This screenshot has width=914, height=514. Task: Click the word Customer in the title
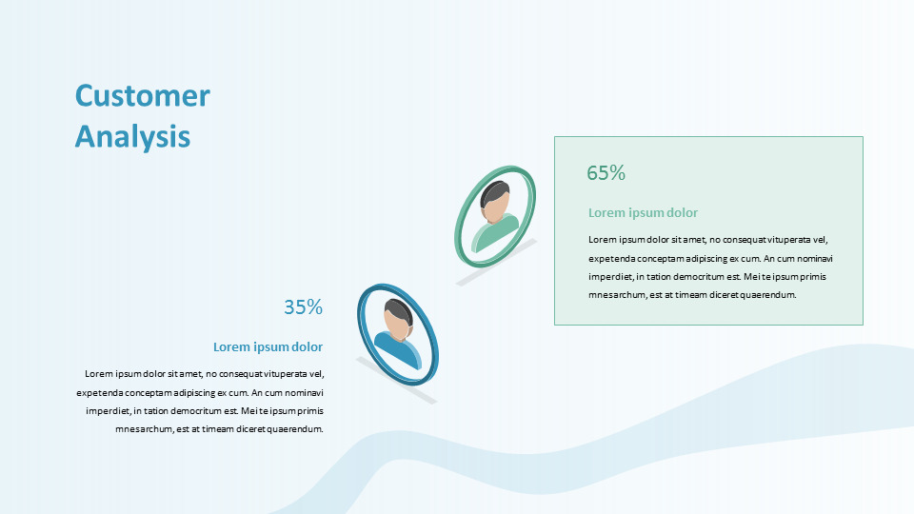(x=142, y=95)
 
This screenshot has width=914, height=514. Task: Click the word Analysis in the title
(x=133, y=136)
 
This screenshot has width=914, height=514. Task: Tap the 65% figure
(x=606, y=173)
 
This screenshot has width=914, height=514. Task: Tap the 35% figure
(x=303, y=307)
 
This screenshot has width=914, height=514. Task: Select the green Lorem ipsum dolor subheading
(x=643, y=212)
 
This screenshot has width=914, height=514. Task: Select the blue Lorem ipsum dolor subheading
(x=268, y=346)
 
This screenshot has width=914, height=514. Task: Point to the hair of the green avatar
(x=495, y=191)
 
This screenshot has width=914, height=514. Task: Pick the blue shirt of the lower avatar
(x=398, y=349)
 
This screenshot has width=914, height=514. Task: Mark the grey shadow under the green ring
(x=496, y=263)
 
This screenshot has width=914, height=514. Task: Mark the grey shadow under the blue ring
(x=396, y=381)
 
